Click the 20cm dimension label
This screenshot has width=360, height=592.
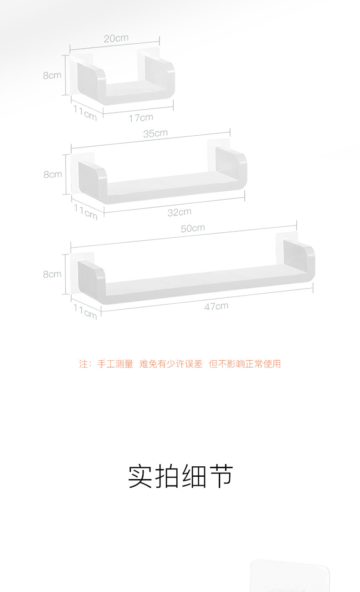(x=116, y=38)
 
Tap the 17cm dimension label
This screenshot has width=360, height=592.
(x=141, y=118)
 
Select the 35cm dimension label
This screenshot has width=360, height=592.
(x=155, y=133)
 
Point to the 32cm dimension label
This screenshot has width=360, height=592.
(x=179, y=212)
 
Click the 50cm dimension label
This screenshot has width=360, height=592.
(x=193, y=228)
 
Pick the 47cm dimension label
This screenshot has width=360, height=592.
(x=216, y=306)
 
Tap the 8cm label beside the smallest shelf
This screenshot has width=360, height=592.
(x=52, y=76)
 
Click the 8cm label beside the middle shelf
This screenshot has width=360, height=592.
(x=52, y=174)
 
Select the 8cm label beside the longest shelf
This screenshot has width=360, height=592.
(x=52, y=274)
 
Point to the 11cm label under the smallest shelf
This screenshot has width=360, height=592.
(x=85, y=113)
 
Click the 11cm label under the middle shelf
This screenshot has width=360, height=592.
(x=86, y=212)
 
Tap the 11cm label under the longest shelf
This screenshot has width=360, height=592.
(x=85, y=311)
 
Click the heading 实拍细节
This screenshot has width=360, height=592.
(x=180, y=477)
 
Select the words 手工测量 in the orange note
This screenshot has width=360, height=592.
(x=115, y=364)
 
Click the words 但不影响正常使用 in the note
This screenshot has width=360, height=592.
(x=245, y=364)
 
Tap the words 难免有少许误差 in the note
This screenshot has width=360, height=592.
(x=171, y=364)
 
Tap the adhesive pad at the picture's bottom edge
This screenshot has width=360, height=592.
(x=290, y=577)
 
